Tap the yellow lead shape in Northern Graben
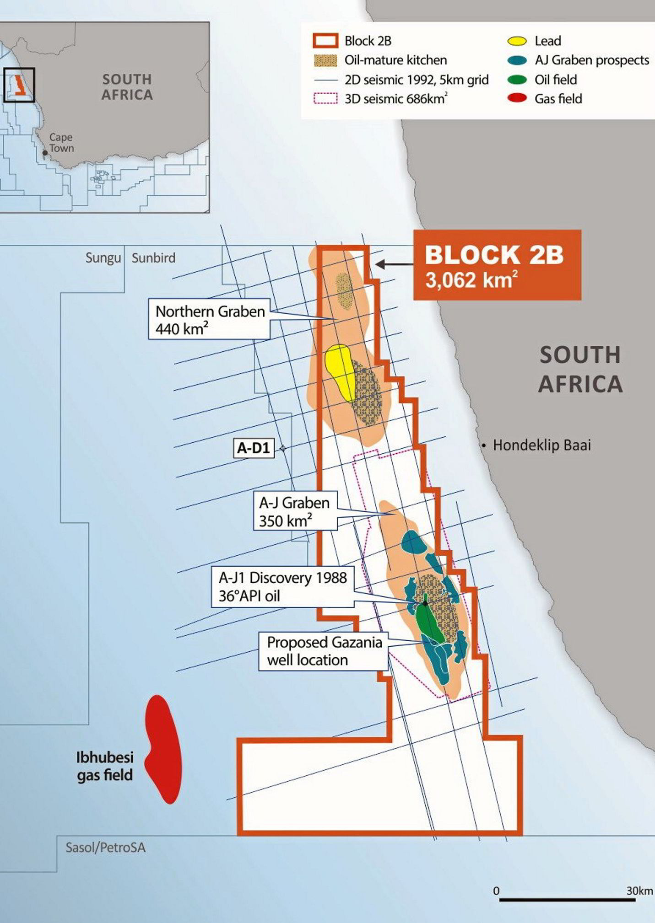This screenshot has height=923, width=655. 340,368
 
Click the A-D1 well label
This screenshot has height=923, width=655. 254,448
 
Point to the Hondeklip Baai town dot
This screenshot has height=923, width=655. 484,445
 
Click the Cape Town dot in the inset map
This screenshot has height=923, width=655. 45,153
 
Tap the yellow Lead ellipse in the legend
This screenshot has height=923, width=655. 517,41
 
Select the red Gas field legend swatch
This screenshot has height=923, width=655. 517,99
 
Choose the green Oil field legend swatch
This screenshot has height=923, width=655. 517,80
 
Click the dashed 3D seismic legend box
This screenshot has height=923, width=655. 325,99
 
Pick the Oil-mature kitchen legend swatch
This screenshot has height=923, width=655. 325,60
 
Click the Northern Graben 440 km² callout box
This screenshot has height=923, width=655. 209,319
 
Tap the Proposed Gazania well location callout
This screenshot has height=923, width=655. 324,651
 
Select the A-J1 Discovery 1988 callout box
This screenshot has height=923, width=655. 282,587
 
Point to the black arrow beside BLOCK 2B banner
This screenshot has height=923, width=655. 394,264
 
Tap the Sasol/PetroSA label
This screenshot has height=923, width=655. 105,848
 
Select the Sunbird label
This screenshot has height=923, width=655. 153,258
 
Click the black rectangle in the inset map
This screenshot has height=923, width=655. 19,85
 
